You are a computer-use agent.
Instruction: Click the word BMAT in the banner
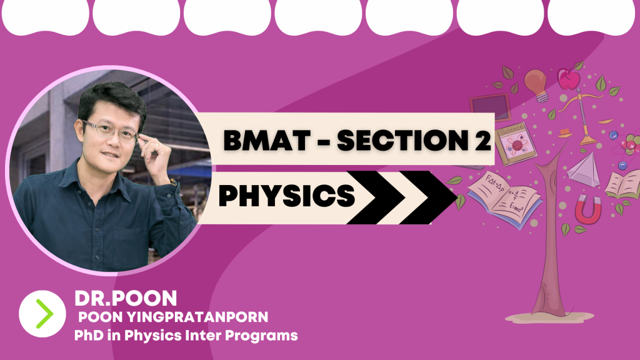(266, 140)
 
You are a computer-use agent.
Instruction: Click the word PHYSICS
(287, 195)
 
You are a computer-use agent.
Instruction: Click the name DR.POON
(126, 298)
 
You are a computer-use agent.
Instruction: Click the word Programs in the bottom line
(261, 336)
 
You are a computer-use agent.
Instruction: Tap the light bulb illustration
(536, 85)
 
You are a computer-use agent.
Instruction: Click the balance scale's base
(587, 140)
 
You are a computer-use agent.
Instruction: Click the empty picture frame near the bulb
(490, 107)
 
